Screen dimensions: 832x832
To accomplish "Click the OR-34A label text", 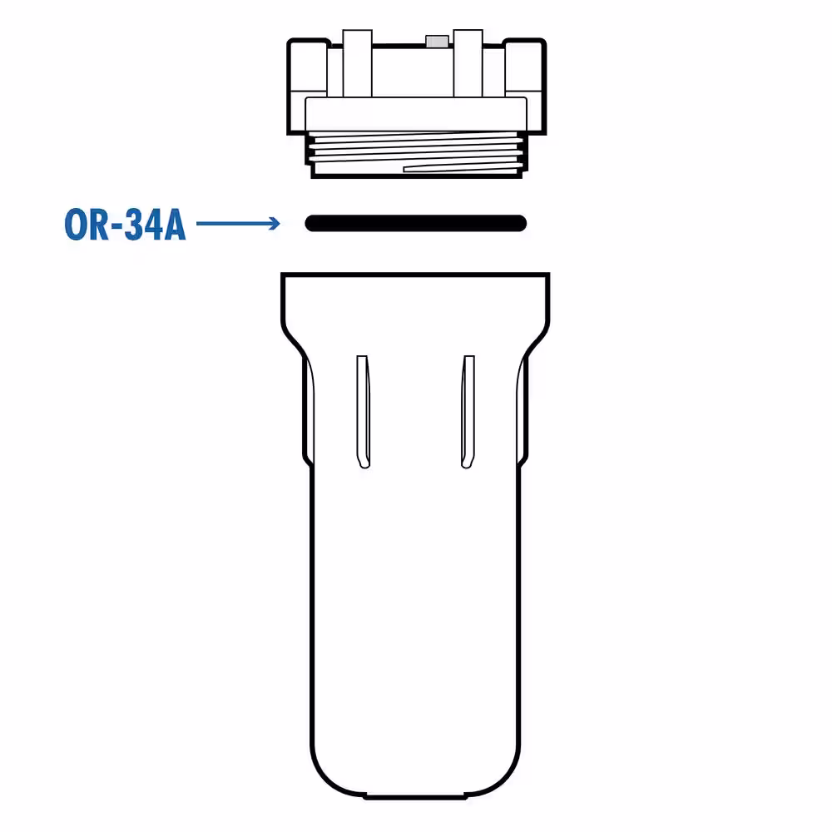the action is (x=126, y=225).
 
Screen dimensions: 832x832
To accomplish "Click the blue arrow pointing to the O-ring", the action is (x=238, y=223).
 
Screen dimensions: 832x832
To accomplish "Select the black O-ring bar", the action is (x=415, y=223).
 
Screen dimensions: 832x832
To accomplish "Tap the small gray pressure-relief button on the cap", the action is (x=438, y=42).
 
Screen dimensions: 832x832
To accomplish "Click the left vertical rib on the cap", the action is (x=357, y=64).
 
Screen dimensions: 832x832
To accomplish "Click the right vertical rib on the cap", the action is (x=468, y=64).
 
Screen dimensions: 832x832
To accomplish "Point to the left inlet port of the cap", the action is (x=308, y=87).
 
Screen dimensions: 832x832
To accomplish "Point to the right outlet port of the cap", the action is (x=525, y=87).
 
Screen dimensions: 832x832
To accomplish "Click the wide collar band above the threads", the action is (x=416, y=114).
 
